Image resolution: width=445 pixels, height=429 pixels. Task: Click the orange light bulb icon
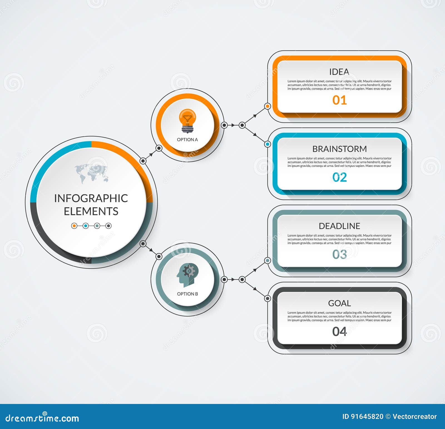tap(187, 121)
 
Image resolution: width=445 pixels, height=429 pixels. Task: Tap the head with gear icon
tap(187, 275)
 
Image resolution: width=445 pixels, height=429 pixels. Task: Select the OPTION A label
tap(187, 140)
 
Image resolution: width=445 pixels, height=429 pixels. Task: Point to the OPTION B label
tap(187, 294)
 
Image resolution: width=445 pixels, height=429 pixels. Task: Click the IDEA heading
tap(339, 72)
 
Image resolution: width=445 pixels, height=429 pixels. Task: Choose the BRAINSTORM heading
tap(340, 149)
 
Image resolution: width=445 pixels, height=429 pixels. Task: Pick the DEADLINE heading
tap(340, 226)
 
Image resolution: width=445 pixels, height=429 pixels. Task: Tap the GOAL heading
tap(340, 303)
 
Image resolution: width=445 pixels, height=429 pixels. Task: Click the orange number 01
tap(340, 100)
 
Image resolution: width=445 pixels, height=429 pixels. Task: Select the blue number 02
tap(340, 177)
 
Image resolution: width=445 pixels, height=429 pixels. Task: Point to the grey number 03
tap(340, 254)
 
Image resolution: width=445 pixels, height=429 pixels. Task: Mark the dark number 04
tap(340, 331)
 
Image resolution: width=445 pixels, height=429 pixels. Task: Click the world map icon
tap(91, 173)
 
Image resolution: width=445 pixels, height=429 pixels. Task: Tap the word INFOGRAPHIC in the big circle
tap(91, 198)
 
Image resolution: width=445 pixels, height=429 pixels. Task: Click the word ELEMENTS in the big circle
tap(91, 211)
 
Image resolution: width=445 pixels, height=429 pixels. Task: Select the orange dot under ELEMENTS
tap(74, 226)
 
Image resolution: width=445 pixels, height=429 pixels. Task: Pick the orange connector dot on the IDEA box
tap(268, 106)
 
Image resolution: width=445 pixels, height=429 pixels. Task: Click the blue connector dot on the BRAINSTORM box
tap(268, 144)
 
